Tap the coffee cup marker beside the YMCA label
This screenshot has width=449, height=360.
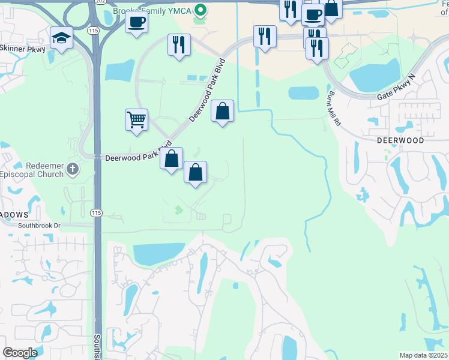coord(137,22)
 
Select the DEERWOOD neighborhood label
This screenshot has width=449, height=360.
coord(400,140)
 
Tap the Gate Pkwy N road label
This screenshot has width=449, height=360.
coord(397,89)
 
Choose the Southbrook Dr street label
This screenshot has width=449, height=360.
coord(40,226)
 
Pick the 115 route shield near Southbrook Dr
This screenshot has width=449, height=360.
coord(96,213)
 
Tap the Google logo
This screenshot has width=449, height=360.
coord(20,353)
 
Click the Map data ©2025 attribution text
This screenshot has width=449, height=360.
coord(423,355)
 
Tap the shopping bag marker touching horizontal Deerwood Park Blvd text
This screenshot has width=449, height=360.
coord(171,159)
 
